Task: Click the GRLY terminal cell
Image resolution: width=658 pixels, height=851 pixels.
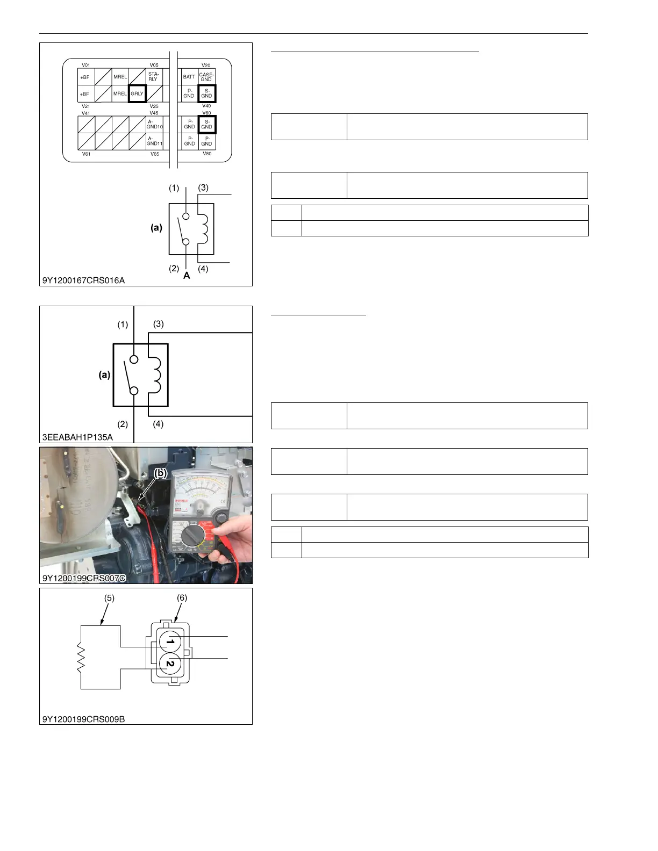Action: (137, 93)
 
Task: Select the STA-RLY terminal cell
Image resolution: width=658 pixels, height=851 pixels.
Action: (154, 77)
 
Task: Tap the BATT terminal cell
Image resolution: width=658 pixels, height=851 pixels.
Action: (189, 77)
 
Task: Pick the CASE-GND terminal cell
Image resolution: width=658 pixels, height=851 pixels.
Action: (206, 77)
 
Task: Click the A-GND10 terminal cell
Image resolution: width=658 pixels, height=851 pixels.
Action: (154, 125)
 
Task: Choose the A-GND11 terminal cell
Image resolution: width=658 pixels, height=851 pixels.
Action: (154, 141)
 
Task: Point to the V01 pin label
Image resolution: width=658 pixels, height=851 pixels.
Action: (85, 65)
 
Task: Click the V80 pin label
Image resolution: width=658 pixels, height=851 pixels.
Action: (207, 154)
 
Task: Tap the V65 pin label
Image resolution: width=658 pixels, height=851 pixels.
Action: (154, 154)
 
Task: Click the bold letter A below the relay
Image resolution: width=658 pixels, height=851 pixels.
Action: (187, 276)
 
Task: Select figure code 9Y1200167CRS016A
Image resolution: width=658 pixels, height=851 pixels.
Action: (84, 280)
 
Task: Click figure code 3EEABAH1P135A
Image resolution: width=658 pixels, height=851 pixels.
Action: (78, 437)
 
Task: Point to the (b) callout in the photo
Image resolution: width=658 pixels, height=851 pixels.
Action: (161, 473)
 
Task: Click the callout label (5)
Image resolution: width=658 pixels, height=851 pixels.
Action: (109, 598)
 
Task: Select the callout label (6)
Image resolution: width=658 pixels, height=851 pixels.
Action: (182, 598)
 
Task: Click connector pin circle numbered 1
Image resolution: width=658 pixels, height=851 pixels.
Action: (170, 641)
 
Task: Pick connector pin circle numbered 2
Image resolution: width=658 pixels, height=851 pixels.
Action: (170, 664)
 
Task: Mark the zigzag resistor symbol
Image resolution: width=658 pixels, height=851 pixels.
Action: (81, 658)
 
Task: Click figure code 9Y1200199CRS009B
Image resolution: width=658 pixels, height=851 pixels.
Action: (84, 719)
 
